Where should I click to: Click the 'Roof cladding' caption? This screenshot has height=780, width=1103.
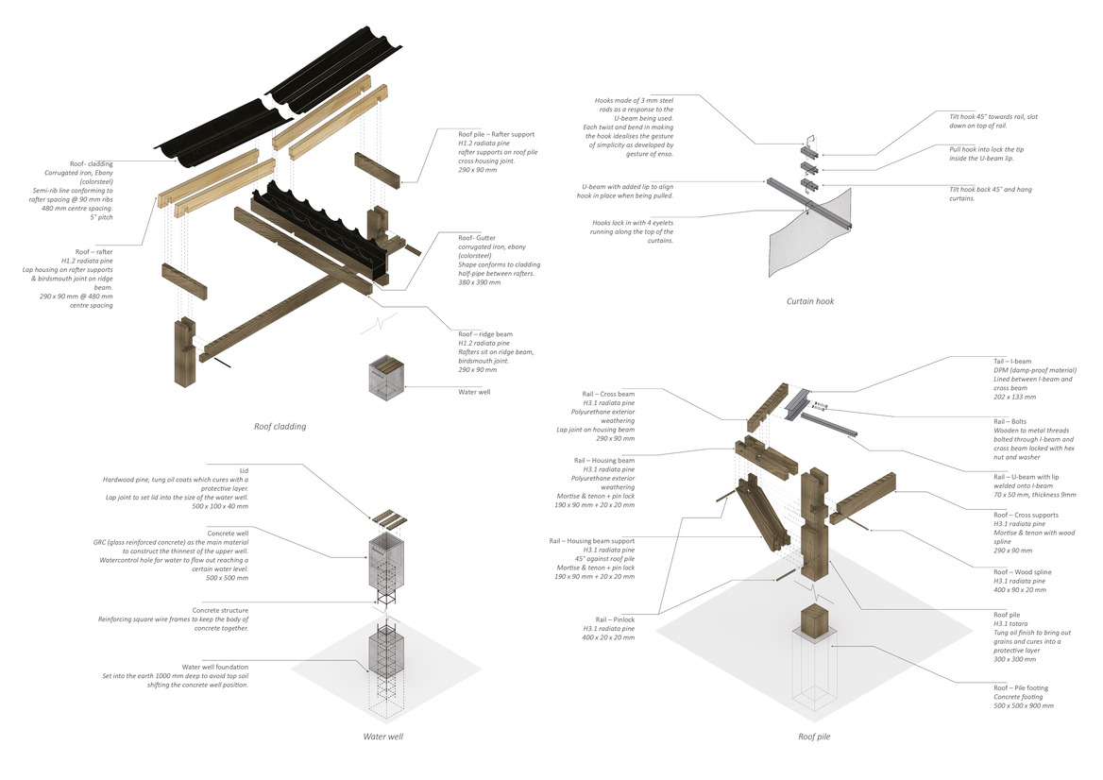(x=280, y=427)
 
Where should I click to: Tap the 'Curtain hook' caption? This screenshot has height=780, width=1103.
(x=810, y=301)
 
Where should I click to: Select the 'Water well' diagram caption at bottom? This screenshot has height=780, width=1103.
(x=383, y=736)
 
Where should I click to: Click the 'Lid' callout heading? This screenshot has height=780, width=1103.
(x=245, y=469)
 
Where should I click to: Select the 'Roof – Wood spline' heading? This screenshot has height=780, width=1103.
(x=1023, y=572)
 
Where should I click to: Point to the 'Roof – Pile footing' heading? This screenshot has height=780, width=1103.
(x=1021, y=688)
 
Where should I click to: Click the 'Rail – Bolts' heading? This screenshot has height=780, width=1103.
(x=1011, y=421)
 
